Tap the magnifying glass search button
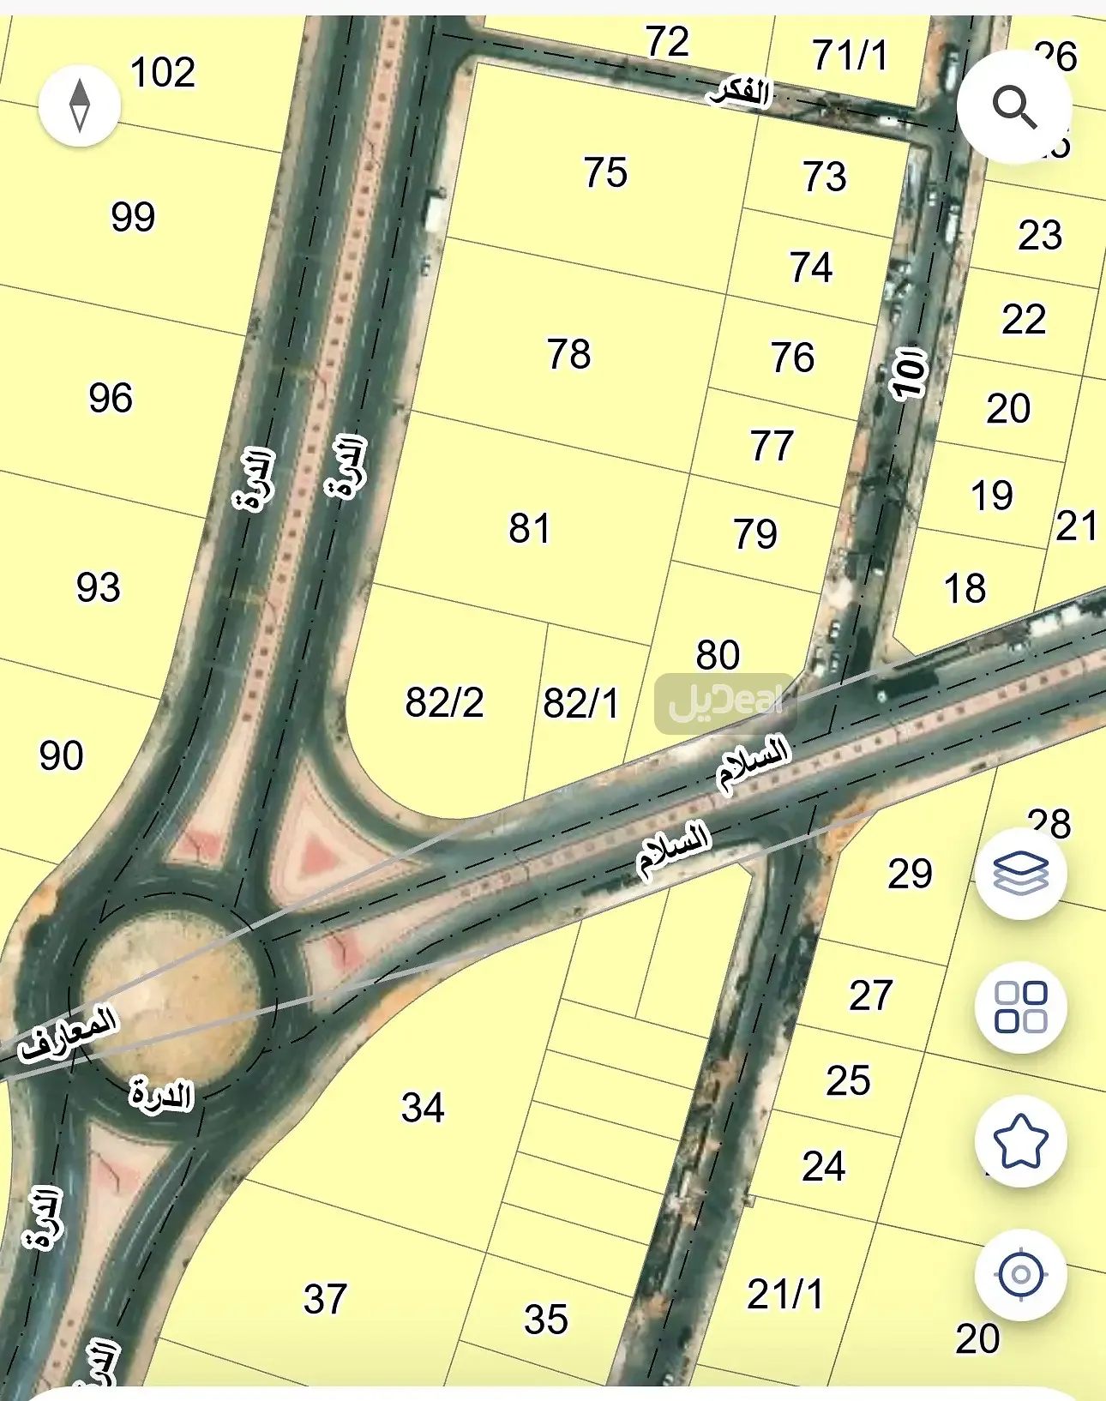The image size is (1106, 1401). [1014, 107]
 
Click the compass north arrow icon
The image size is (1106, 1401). [80, 105]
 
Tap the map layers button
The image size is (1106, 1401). [1020, 874]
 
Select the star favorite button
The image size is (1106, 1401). [1020, 1141]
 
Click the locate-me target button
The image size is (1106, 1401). [1020, 1274]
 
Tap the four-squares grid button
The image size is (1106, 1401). [1020, 1007]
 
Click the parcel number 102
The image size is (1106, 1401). [163, 73]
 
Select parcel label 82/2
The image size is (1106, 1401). [444, 703]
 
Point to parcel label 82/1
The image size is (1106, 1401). [580, 704]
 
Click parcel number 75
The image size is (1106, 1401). [605, 172]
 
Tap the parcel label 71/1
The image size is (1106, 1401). [850, 56]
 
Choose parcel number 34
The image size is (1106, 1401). [423, 1108]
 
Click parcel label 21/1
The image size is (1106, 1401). [784, 1295]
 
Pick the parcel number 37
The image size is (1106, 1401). [325, 1300]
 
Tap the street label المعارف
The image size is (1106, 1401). [69, 1033]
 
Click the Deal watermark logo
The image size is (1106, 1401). [725, 702]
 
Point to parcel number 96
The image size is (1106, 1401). [111, 399]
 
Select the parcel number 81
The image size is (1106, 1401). [529, 528]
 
